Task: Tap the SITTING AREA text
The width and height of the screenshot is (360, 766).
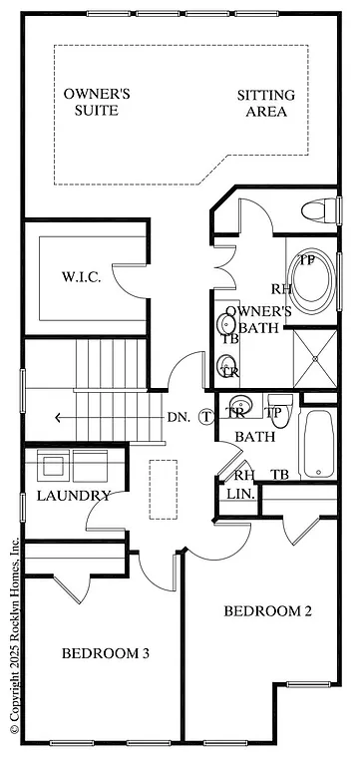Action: click(266, 104)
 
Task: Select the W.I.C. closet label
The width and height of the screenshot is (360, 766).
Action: click(81, 276)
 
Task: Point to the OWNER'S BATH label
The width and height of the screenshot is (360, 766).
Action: click(257, 320)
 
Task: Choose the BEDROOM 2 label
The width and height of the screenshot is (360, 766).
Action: click(267, 610)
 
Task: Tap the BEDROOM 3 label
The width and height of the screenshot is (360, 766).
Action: click(106, 653)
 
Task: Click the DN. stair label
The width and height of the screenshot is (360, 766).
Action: click(180, 417)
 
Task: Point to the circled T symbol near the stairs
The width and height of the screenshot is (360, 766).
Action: click(206, 417)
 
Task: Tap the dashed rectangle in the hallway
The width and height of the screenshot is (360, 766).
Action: click(164, 488)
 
